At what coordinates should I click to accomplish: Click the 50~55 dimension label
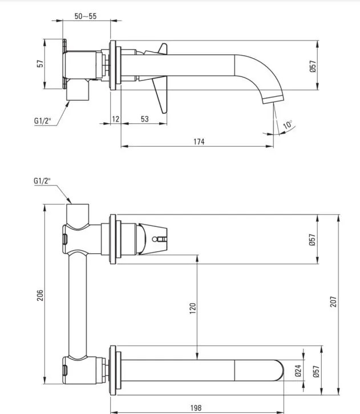coord(86,16)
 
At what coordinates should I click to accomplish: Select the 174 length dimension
coord(198,141)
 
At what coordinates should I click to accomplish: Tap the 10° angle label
coord(287,124)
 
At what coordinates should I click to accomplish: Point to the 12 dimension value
coord(115,119)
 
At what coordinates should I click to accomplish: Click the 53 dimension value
coord(144,119)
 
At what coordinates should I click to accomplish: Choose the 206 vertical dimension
coord(40,295)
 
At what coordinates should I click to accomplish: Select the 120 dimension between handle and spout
coord(193,309)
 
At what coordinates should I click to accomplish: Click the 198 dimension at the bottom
coord(196,408)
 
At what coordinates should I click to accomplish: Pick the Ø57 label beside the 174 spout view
coord(313,66)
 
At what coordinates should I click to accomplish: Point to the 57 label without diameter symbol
coord(40,64)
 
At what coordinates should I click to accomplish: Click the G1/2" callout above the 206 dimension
coord(42,181)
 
